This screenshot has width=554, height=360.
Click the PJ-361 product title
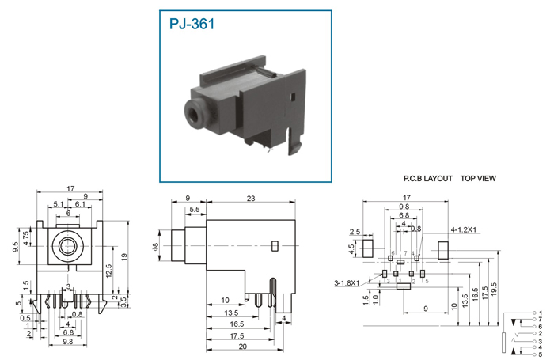click(x=192, y=24)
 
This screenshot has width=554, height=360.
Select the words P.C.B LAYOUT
click(x=427, y=179)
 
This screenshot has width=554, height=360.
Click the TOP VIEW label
click(x=478, y=179)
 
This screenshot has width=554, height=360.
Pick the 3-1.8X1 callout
click(x=347, y=282)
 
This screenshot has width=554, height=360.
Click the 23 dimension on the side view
click(x=250, y=199)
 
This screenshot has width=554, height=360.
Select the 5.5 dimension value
click(x=194, y=210)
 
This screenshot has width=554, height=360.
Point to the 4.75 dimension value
click(x=27, y=235)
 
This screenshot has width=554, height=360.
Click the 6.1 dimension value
click(x=80, y=205)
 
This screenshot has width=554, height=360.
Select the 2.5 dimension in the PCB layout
click(x=355, y=232)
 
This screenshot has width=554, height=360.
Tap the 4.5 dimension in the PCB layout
click(x=352, y=248)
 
